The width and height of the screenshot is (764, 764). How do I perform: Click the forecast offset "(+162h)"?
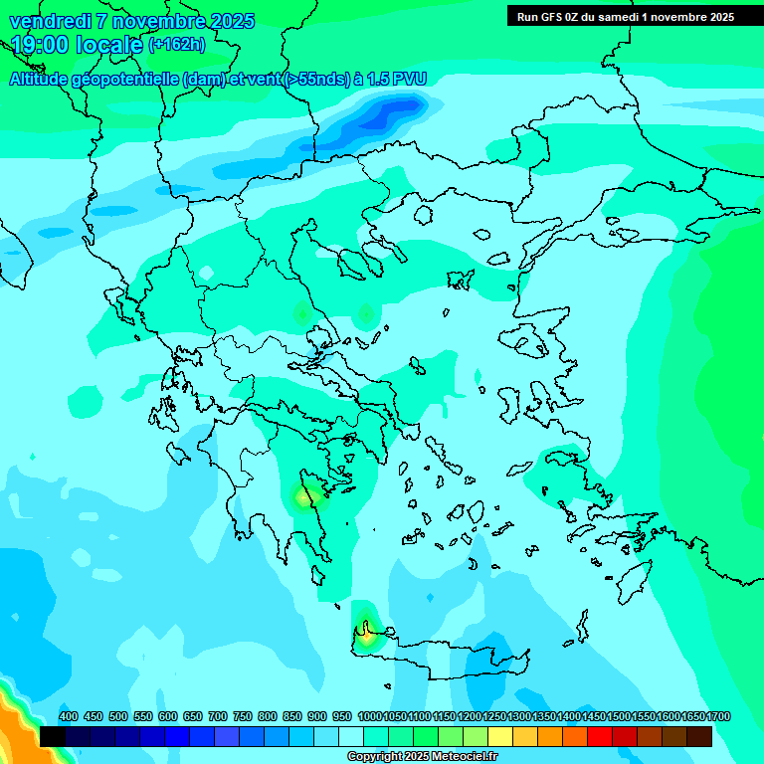pos(176,45)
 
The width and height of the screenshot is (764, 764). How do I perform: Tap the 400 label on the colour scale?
pos(69,717)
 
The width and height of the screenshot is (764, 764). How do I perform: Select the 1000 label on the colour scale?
pos(369,717)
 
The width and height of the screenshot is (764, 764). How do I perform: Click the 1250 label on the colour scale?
pos(494,717)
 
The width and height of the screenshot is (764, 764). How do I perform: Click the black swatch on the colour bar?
pos(53,737)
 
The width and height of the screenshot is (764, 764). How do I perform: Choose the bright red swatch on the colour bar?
pos(599,737)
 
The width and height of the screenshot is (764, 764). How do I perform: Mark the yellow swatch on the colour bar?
pos(499,737)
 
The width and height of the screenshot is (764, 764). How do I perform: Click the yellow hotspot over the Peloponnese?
pos(304,495)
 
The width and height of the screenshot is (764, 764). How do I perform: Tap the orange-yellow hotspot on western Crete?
pos(368,634)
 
